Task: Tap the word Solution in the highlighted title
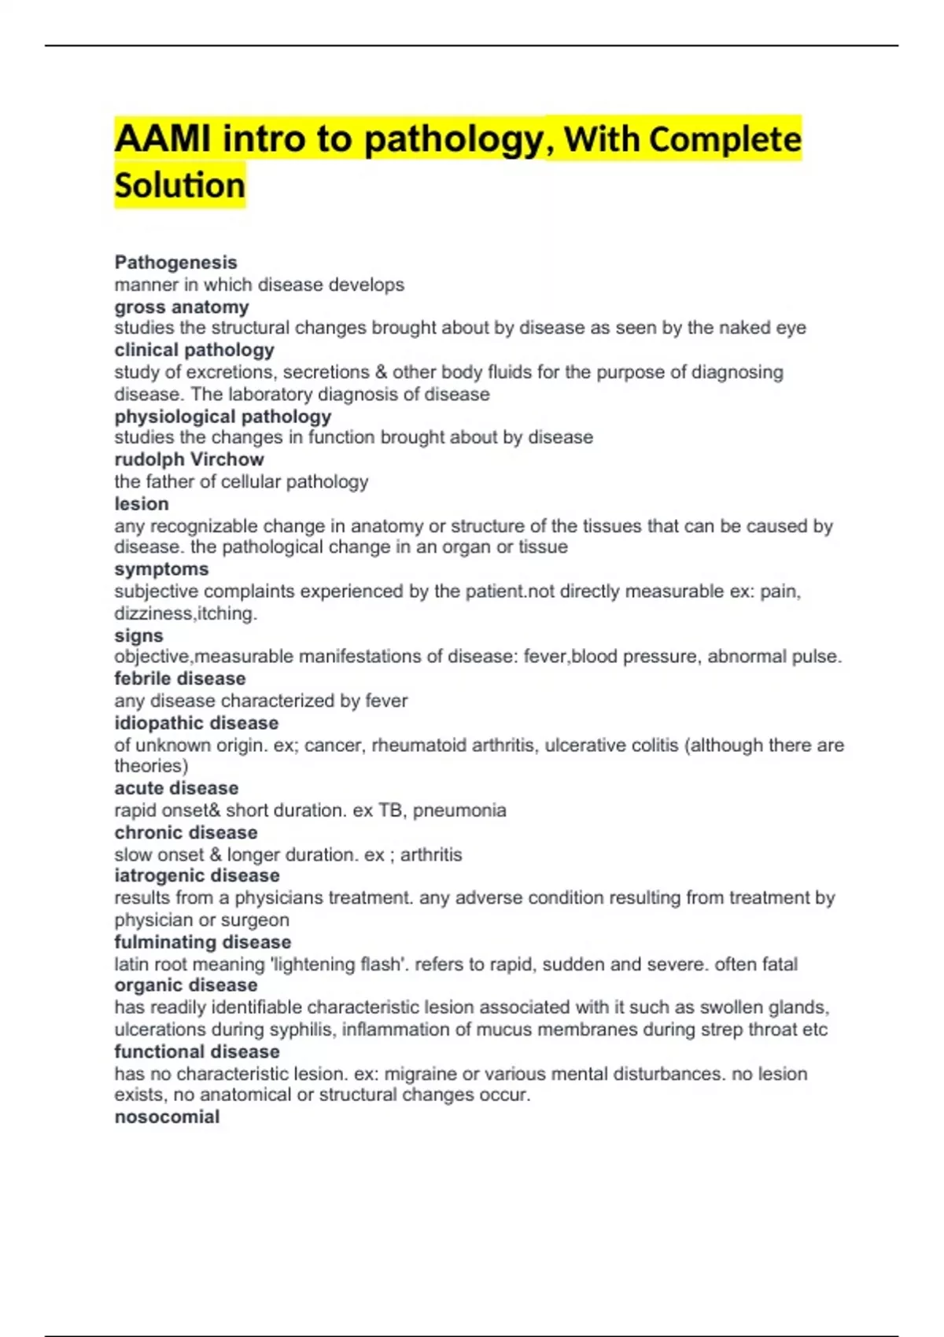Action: point(180,186)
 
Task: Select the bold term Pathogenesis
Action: point(175,263)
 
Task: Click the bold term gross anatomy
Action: point(182,307)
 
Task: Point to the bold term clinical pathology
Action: point(194,350)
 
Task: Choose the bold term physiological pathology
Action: point(223,416)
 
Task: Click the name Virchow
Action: point(227,459)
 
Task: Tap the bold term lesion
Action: point(142,503)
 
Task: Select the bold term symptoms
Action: point(161,569)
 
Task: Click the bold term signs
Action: point(138,635)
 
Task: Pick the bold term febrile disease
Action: point(179,678)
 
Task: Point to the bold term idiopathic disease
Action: point(196,723)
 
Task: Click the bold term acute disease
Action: point(176,788)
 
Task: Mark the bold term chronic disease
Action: point(186,832)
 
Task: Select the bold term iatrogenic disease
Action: point(197,875)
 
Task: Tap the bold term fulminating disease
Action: point(202,942)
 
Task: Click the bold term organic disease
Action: point(186,985)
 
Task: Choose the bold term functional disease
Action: point(197,1052)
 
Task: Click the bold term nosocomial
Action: point(167,1117)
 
